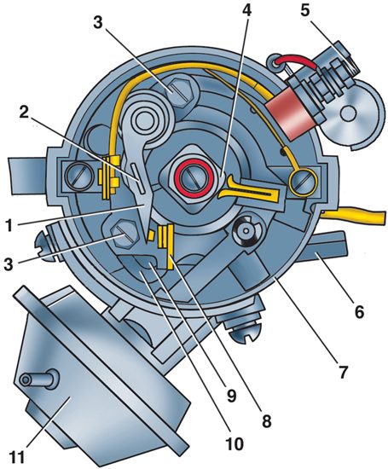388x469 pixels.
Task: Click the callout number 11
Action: tap(20, 455)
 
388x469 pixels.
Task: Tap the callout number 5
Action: tap(304, 11)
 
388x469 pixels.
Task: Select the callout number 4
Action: tap(246, 10)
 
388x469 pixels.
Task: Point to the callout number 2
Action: tap(25, 113)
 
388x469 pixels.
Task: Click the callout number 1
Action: tap(9, 225)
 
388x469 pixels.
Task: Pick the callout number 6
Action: tap(359, 311)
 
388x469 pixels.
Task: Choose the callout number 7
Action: tap(342, 372)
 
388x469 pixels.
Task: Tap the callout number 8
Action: tap(266, 420)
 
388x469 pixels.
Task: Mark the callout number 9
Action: tap(231, 395)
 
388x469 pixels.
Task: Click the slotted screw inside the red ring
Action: tap(194, 178)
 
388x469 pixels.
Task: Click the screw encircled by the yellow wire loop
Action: tap(303, 182)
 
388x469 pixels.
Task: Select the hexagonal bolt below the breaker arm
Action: tap(125, 233)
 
